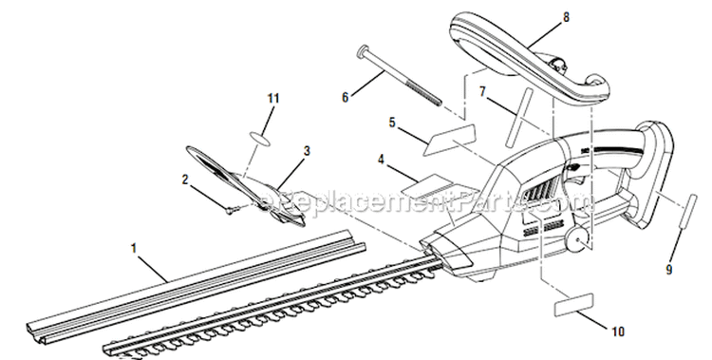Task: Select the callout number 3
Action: [x=307, y=150]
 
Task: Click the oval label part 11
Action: [x=262, y=137]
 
